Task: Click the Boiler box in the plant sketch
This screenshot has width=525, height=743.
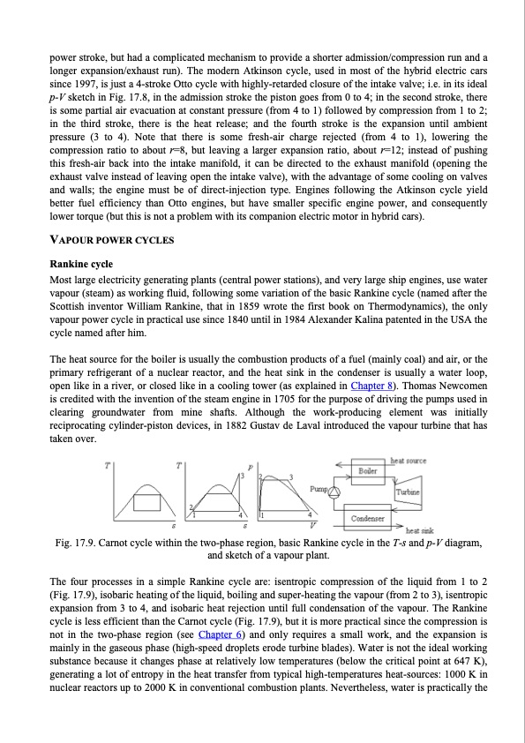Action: pyautogui.click(x=369, y=471)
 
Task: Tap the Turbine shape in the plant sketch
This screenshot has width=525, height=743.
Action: pyautogui.click(x=407, y=491)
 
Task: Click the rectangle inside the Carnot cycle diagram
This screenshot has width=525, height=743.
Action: pyautogui.click(x=146, y=502)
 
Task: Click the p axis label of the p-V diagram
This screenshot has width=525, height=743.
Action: pyautogui.click(x=251, y=465)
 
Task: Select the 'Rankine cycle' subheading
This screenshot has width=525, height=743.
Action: pyautogui.click(x=83, y=263)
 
